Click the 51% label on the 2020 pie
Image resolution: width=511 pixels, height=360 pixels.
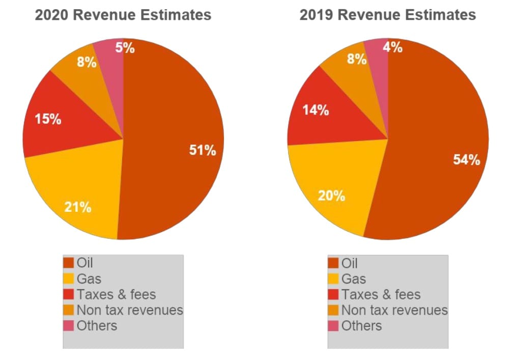(202, 151)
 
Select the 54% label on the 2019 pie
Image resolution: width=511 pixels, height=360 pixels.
(466, 160)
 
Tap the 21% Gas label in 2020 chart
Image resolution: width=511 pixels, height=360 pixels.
(77, 207)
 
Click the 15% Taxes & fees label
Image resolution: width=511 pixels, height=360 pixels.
(48, 120)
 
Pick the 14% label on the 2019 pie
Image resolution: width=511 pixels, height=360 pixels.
(316, 110)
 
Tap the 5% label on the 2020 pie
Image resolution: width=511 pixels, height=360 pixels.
(125, 48)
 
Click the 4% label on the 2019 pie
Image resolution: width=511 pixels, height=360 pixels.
(392, 47)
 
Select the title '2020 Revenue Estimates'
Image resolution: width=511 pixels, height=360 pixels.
(123, 15)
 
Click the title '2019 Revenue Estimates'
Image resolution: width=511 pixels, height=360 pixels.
(387, 15)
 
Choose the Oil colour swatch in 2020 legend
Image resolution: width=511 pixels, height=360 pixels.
(69, 263)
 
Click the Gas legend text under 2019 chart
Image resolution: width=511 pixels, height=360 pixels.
(353, 279)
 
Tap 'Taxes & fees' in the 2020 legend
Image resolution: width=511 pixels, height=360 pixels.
(116, 294)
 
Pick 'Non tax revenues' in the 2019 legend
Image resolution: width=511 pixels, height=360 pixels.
(394, 310)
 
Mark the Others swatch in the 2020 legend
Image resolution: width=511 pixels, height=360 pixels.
(69, 325)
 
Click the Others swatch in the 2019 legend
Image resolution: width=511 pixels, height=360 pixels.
(333, 325)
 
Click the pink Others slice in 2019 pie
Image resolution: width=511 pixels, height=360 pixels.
(379, 61)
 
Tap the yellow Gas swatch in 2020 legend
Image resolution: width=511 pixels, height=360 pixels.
(69, 279)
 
